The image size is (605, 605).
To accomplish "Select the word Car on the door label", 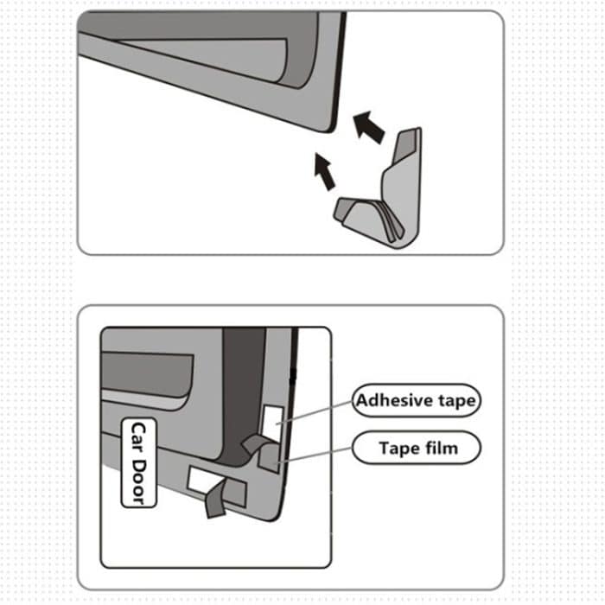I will point(137,436).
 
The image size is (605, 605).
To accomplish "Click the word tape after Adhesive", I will point(456,401).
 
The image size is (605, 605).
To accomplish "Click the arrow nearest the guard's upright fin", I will point(369,127).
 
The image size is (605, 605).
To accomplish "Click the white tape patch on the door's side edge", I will point(271,416).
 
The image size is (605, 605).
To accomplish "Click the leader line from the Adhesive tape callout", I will point(320,410).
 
